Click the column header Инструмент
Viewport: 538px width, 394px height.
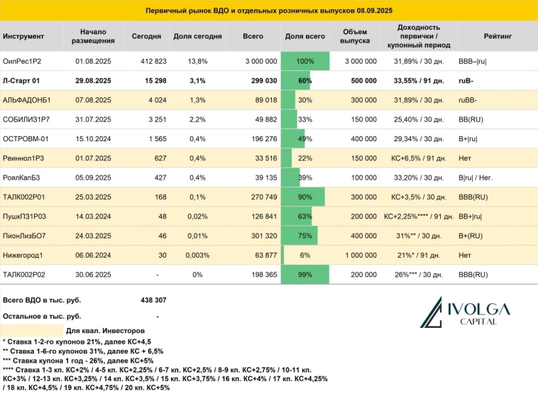tap(23, 35)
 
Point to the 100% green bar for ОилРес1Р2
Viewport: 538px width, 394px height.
tap(305, 62)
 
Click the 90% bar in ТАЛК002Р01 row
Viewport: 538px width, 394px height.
tap(303, 197)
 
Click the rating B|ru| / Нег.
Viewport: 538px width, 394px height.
tap(482, 177)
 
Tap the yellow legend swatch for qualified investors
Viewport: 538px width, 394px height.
tap(32, 330)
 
